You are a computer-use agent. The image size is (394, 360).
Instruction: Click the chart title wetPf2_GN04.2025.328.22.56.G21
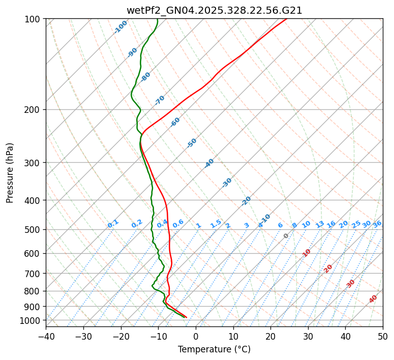point(214,10)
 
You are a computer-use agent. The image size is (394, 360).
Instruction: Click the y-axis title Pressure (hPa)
point(10,173)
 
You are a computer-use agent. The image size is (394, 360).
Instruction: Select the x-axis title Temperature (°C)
point(214,349)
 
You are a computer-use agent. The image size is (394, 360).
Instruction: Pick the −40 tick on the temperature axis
point(46,337)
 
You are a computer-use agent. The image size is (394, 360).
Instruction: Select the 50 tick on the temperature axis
point(383,337)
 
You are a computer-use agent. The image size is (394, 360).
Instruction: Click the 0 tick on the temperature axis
point(196,337)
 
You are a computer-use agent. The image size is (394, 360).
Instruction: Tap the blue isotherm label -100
point(121,27)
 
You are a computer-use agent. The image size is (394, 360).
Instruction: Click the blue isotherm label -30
point(227,183)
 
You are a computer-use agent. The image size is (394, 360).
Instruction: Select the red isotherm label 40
point(373,299)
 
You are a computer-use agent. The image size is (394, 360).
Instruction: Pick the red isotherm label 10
point(307,253)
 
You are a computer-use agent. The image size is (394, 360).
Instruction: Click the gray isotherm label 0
point(286,236)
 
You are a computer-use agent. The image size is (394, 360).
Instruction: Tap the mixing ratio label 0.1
point(113,223)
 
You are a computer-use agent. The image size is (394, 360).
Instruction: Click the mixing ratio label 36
point(377,224)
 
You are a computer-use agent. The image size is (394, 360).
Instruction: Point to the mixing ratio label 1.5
point(216,223)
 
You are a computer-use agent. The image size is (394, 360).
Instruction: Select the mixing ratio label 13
point(320,224)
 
